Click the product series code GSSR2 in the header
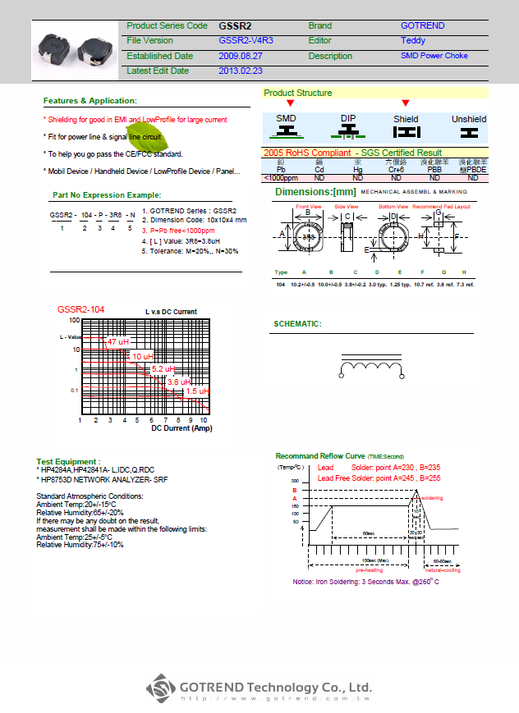[235, 26]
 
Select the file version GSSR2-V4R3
[245, 41]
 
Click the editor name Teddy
[412, 41]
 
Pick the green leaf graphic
[146, 132]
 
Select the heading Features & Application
[90, 101]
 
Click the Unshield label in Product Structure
[469, 119]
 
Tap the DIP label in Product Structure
[349, 119]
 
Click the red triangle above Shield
[405, 103]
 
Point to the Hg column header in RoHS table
[357, 170]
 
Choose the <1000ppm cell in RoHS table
[281, 177]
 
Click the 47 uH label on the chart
[118, 341]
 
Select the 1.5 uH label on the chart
[197, 391]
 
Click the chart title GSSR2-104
[80, 310]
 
